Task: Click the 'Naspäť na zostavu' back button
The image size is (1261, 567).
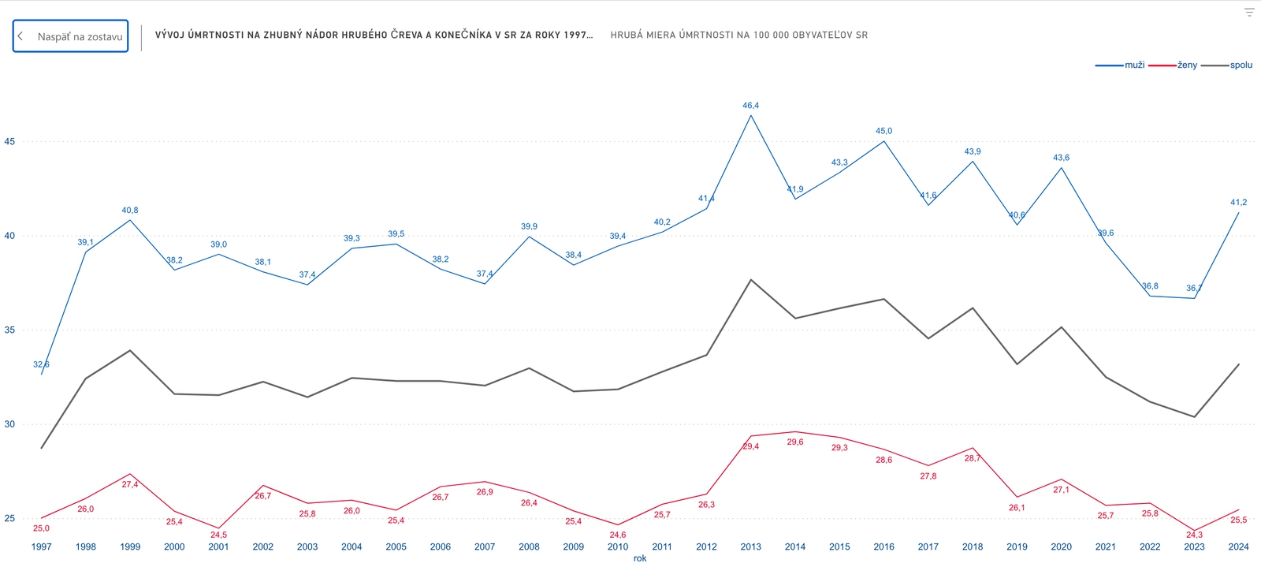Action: point(70,36)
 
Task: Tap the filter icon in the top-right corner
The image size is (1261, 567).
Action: point(1249,12)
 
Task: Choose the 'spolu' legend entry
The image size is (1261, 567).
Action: point(1241,65)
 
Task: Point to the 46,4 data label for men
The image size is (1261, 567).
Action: point(750,106)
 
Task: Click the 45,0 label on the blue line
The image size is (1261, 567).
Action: point(883,131)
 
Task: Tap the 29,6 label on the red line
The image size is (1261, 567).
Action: point(795,442)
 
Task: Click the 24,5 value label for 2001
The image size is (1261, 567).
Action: point(218,535)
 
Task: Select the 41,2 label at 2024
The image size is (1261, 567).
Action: point(1238,203)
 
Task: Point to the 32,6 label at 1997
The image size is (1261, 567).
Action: point(41,364)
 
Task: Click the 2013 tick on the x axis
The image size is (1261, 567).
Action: point(750,546)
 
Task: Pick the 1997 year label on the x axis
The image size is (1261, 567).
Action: point(41,546)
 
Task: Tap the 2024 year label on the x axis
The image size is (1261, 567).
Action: point(1238,546)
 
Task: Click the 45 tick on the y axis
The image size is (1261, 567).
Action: point(9,142)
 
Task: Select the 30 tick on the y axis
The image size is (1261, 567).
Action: point(9,424)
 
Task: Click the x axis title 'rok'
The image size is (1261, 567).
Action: point(639,558)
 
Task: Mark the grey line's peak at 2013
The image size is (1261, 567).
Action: point(750,280)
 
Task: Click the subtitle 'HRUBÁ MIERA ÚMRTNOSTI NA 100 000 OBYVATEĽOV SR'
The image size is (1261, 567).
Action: point(738,35)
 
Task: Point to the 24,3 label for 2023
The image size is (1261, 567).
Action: point(1194,535)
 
